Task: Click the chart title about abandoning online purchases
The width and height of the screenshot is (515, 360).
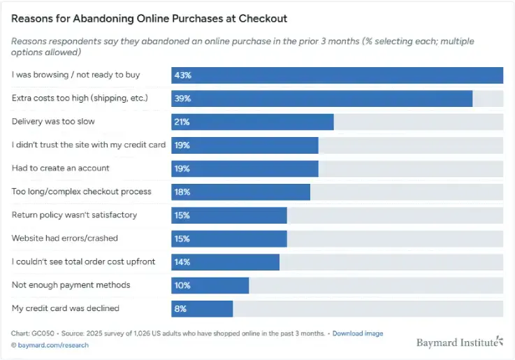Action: coord(149,18)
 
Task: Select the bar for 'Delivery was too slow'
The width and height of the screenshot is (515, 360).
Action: coord(252,122)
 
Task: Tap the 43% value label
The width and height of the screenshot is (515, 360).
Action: coord(182,75)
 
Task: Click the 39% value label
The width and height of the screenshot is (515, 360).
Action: coord(182,99)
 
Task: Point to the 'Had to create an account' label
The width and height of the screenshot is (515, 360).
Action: coord(61,168)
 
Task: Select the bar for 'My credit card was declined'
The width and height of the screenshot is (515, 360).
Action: coord(202,308)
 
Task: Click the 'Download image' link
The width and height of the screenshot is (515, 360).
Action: coord(358,333)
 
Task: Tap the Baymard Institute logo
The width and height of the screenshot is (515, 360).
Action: coord(459,343)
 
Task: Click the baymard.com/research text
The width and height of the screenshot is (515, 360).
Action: coord(50,345)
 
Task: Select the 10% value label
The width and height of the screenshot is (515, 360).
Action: coord(182,285)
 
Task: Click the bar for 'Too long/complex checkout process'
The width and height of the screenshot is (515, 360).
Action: coord(240,192)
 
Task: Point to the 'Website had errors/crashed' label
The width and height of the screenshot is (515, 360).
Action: coord(64,238)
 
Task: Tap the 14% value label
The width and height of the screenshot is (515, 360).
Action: coord(182,261)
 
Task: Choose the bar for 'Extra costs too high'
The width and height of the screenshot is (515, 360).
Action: coord(321,99)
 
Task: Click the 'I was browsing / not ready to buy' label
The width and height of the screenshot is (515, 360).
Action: coord(75,75)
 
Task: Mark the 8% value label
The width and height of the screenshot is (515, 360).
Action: coord(180,308)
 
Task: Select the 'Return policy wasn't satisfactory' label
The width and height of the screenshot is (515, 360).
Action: coord(74,215)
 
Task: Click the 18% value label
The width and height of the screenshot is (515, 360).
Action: coord(182,192)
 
